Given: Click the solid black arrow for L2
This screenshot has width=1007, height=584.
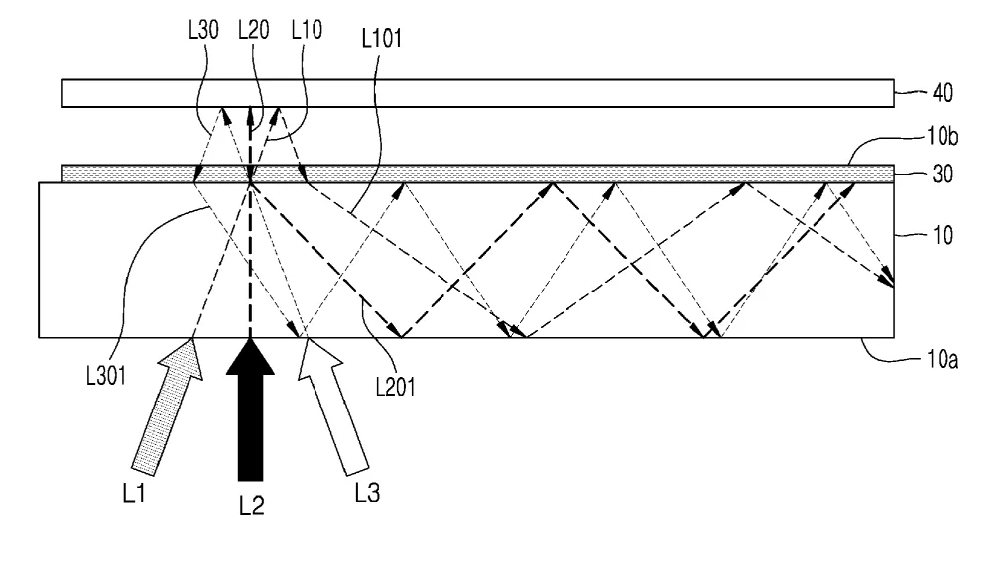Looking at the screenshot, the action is click(x=250, y=409).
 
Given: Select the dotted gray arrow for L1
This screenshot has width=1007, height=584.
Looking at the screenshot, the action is click(x=168, y=407).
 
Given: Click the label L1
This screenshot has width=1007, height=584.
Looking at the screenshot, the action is click(x=134, y=493).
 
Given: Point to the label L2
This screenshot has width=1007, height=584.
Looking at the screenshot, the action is click(x=252, y=506).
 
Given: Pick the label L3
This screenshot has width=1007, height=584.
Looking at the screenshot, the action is click(x=367, y=493).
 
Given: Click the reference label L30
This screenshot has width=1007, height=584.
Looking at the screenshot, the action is click(x=203, y=30).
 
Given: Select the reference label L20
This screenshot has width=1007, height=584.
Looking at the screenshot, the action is click(x=254, y=30).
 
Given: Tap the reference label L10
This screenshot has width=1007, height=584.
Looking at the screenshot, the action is click(x=307, y=30).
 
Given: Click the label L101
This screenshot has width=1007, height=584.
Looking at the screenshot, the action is click(x=382, y=39).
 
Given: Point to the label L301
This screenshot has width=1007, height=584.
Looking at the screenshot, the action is click(x=106, y=376).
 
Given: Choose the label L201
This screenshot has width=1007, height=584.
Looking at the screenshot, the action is click(x=396, y=387).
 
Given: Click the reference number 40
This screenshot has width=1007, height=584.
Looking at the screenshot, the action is click(x=943, y=93).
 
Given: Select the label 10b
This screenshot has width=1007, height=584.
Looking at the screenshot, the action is click(x=943, y=136).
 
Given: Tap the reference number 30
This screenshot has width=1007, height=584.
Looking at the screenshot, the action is click(x=943, y=175).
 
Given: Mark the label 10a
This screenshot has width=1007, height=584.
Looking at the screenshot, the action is click(x=943, y=359).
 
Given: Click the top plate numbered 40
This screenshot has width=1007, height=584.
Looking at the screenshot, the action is click(x=477, y=93).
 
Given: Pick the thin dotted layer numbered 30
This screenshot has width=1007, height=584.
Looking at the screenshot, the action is click(x=477, y=174).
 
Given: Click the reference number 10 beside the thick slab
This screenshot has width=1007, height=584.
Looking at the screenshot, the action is click(x=943, y=236).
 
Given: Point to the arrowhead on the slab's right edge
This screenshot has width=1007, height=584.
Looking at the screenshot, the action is click(x=887, y=279).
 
